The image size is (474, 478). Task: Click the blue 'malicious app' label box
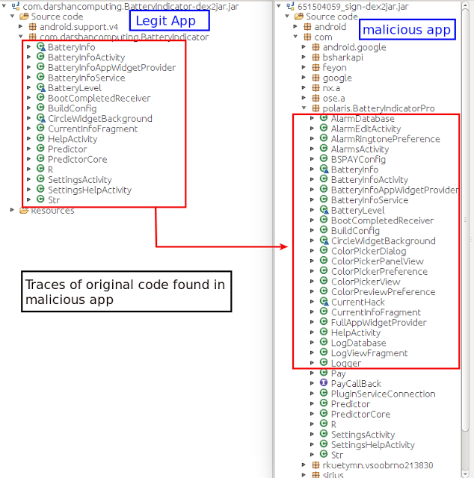(x=406, y=30)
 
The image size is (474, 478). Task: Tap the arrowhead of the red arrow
(x=284, y=246)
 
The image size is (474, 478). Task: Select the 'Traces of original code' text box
(x=126, y=292)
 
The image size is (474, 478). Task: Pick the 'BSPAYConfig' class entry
(x=357, y=159)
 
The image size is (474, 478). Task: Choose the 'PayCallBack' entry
(x=356, y=383)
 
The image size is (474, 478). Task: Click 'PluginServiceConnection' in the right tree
(x=383, y=394)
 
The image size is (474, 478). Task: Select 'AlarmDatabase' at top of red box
(x=362, y=119)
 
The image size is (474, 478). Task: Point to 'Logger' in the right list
(x=345, y=363)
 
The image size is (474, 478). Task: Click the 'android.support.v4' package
(x=79, y=26)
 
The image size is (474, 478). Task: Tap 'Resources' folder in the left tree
(x=52, y=210)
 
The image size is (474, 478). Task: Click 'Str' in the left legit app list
(x=53, y=200)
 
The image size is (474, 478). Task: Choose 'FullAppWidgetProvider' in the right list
(x=378, y=323)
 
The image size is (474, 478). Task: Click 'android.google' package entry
(x=354, y=47)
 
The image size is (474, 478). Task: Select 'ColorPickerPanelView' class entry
(x=377, y=261)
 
